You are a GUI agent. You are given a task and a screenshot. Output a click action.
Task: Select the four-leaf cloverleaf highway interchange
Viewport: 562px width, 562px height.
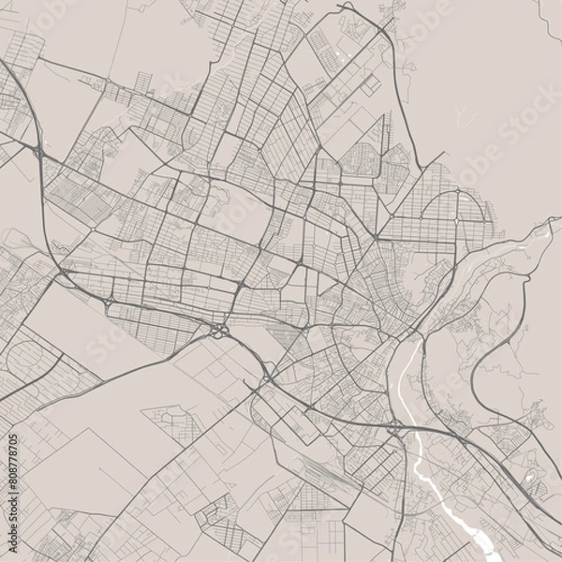pyautogui.click(x=219, y=329)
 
